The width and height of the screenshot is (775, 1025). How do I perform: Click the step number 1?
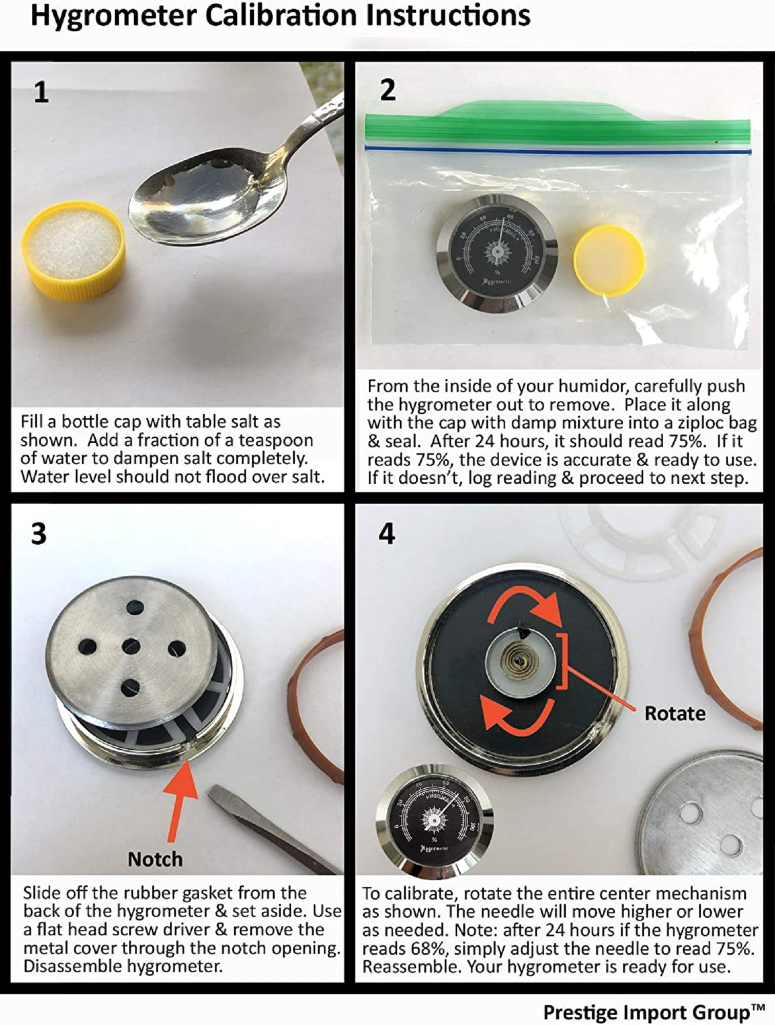(41, 93)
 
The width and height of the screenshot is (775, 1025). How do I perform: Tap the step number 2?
(388, 90)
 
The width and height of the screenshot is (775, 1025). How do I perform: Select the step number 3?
(39, 534)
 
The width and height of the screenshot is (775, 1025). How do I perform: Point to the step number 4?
(386, 534)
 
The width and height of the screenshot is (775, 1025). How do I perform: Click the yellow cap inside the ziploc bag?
(609, 261)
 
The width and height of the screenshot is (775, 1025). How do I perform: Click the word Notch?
(155, 859)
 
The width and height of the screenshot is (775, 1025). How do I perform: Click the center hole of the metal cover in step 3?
(132, 647)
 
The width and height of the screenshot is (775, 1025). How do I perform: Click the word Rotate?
(675, 713)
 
